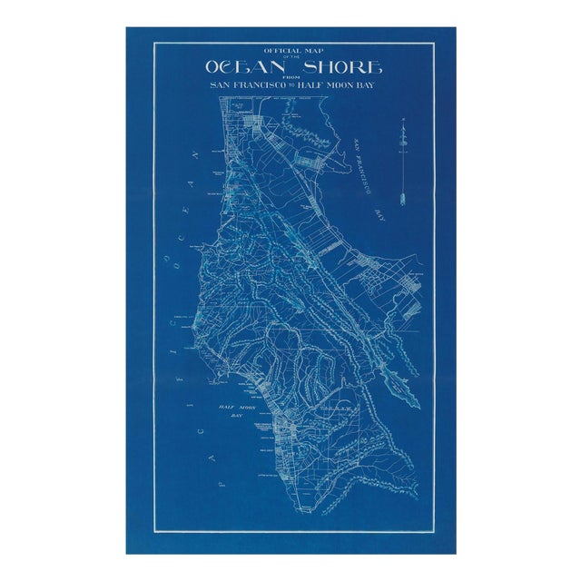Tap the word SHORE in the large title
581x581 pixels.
click(337, 67)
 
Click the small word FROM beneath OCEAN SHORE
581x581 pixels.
click(291, 77)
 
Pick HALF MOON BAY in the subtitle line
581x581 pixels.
click(341, 84)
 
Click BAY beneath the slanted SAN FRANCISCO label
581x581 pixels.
click(380, 215)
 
